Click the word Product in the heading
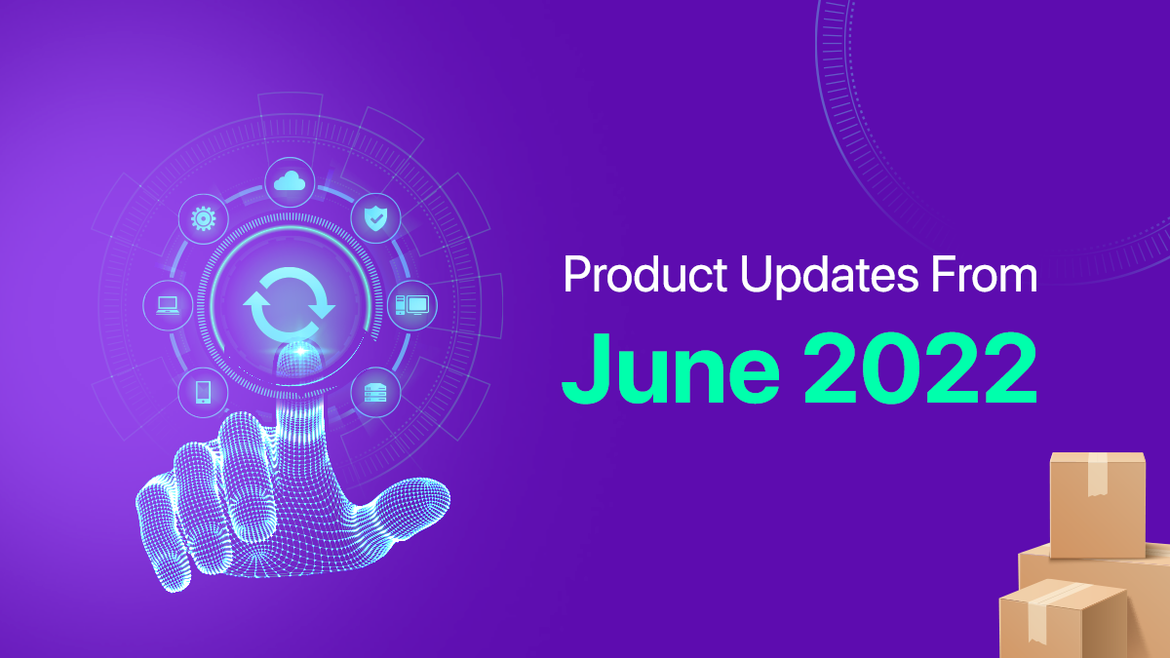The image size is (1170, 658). pyautogui.click(x=645, y=274)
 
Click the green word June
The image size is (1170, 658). pyautogui.click(x=671, y=368)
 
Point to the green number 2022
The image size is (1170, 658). pyautogui.click(x=920, y=368)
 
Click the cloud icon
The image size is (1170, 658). pyautogui.click(x=290, y=181)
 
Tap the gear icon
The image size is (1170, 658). pyautogui.click(x=203, y=218)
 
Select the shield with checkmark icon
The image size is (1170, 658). pyautogui.click(x=375, y=218)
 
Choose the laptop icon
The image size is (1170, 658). pyautogui.click(x=168, y=305)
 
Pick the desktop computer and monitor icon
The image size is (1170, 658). pyautogui.click(x=412, y=305)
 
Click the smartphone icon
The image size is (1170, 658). pyautogui.click(x=203, y=392)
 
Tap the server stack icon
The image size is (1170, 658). pyautogui.click(x=375, y=393)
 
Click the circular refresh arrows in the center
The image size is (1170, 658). pyautogui.click(x=290, y=304)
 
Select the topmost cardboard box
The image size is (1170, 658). pyautogui.click(x=1098, y=505)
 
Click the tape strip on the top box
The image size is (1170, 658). pyautogui.click(x=1098, y=474)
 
